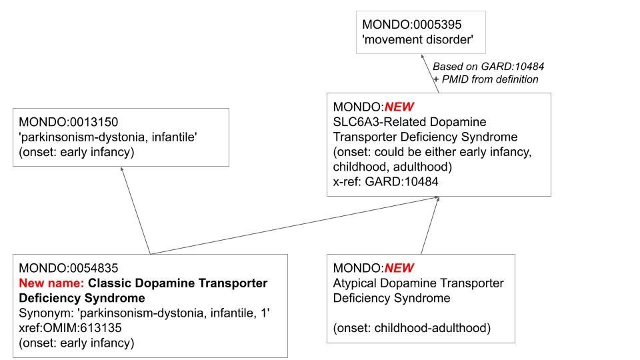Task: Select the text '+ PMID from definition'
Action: [x=485, y=79]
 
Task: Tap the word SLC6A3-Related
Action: [x=373, y=122]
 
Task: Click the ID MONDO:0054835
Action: [x=69, y=269]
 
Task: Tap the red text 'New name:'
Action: [x=51, y=283]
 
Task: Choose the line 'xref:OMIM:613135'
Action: [x=66, y=328]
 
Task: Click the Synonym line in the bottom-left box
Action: [x=144, y=313]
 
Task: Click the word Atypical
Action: [x=353, y=283]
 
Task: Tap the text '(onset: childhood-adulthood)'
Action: [x=411, y=327]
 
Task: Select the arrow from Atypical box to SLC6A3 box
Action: [x=429, y=225]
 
